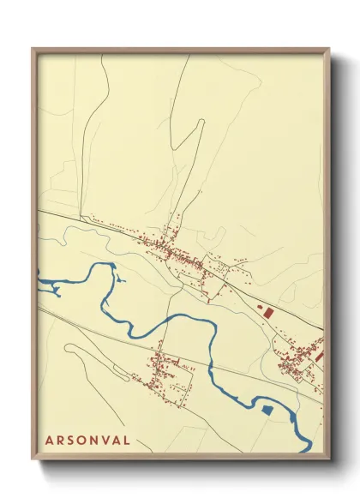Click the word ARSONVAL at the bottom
(x=88, y=441)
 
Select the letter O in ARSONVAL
(x=79, y=441)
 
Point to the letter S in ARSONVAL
(x=68, y=441)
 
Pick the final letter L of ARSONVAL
(x=128, y=441)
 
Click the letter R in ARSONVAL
(x=57, y=441)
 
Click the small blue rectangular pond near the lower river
(x=266, y=412)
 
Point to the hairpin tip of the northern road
(x=202, y=123)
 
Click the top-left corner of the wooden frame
(x=33, y=49)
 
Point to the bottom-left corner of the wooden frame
(x=33, y=459)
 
